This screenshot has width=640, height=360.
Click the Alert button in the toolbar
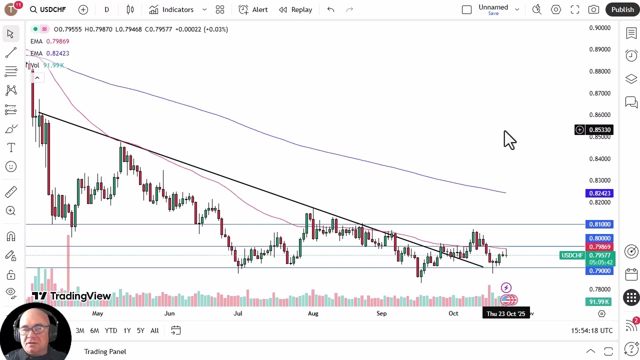click(253, 9)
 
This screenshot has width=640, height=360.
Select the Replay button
click(295, 9)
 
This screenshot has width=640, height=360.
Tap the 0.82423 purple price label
click(599, 193)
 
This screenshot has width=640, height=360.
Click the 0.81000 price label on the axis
click(599, 224)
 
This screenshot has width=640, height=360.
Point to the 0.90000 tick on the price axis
click(599, 28)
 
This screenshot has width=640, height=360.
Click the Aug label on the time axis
click(313, 313)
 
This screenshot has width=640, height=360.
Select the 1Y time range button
click(127, 330)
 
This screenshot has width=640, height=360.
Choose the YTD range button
click(111, 330)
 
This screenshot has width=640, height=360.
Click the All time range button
click(154, 330)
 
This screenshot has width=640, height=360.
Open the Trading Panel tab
click(105, 351)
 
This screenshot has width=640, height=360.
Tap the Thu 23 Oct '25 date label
click(505, 313)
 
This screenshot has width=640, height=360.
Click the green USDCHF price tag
click(572, 255)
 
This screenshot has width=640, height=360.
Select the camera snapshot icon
click(593, 9)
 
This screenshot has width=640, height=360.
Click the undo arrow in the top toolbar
click(330, 9)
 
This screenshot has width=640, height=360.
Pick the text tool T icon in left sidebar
click(11, 148)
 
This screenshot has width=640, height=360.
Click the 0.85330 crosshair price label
click(599, 130)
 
